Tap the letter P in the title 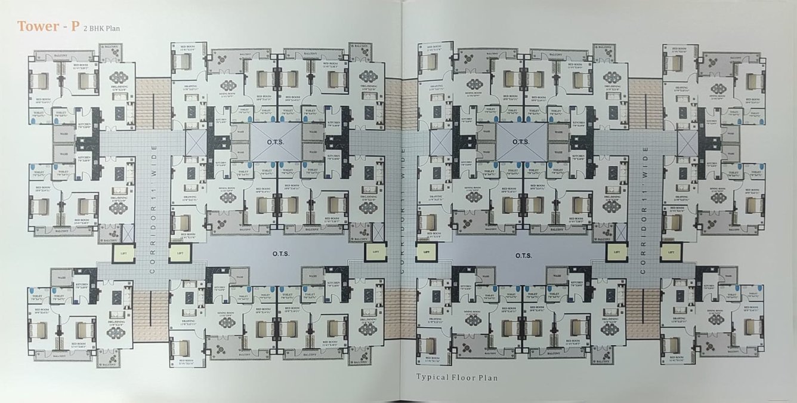coord(72,26)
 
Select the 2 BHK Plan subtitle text coord(102,27)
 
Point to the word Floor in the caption coord(467,377)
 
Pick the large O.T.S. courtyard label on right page coord(524,255)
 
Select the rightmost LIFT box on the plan coord(670,253)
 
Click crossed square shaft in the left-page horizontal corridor coord(194,141)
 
